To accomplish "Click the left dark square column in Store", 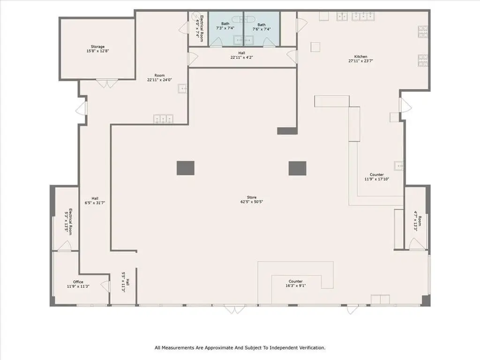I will pos(186,168).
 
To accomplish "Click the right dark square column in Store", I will pos(297,168).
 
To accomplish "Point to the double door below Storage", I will pos(108,84).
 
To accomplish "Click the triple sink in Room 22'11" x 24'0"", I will pos(163,119).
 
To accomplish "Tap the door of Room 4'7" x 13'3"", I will pos(416,244).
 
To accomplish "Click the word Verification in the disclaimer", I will pos(307,348).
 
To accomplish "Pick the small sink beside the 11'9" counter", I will pos(399,166).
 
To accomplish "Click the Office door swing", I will pos(105,286).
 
